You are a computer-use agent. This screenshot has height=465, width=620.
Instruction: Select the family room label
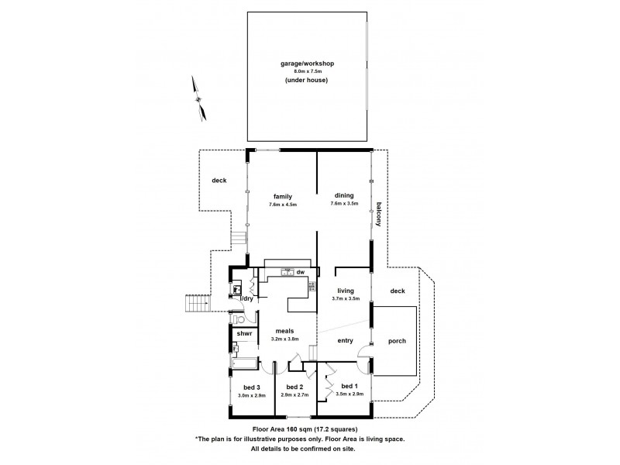coord(282,196)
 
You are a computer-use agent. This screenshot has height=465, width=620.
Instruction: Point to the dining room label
coord(344,196)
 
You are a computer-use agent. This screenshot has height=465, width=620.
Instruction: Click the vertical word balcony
coord(379,214)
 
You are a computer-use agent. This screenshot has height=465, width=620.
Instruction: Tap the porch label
coord(397,341)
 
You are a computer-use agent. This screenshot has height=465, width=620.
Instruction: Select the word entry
coord(346,340)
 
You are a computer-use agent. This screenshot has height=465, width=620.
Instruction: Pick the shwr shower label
coord(244,333)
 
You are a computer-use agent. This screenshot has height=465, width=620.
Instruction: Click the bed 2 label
coord(294,387)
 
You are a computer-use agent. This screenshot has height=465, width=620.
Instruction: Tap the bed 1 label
coord(350,385)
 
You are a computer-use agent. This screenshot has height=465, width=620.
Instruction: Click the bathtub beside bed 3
coord(243,363)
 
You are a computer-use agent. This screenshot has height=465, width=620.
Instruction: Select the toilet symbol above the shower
coord(240,318)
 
